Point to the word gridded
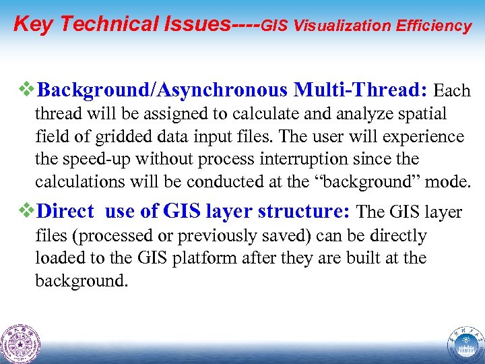tap(104, 137)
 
